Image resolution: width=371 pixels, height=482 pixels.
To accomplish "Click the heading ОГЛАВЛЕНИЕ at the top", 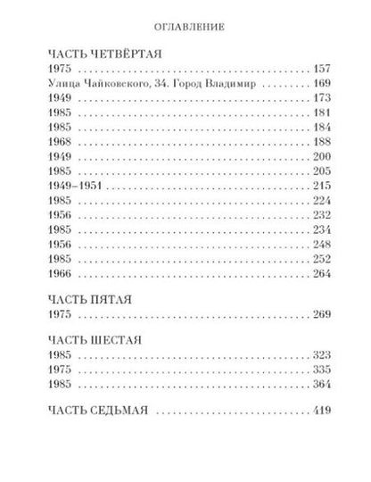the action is click(x=185, y=27).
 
